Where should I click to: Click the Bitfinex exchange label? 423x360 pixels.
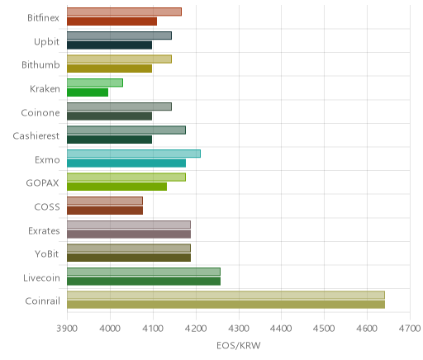[x=43, y=17]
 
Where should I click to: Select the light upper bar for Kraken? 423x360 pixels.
[x=95, y=83]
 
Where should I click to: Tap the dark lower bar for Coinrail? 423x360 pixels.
[x=226, y=305]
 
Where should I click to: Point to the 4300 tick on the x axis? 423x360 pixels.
[x=239, y=329]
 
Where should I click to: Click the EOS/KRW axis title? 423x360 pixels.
[x=239, y=345]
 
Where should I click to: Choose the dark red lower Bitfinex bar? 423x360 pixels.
[x=112, y=21]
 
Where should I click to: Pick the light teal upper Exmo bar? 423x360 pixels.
[x=134, y=154]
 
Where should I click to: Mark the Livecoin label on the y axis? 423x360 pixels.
[x=41, y=277]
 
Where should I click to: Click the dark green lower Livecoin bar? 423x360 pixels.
[x=144, y=282]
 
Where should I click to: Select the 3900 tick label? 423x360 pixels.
[x=67, y=329]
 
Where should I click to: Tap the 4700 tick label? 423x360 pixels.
[x=410, y=329]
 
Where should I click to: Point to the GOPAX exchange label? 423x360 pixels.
[x=42, y=183]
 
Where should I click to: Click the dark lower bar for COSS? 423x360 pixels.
[x=105, y=211]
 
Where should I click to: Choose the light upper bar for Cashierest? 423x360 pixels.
[x=126, y=130]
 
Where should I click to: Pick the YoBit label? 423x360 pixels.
[x=47, y=253]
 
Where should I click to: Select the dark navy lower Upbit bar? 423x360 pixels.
[x=109, y=45]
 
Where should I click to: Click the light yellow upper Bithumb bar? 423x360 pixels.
[x=119, y=59]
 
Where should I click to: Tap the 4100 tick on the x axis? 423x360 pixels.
[x=153, y=329]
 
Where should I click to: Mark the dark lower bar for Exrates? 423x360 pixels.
[x=129, y=234]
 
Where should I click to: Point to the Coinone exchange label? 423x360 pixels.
[x=40, y=112]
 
